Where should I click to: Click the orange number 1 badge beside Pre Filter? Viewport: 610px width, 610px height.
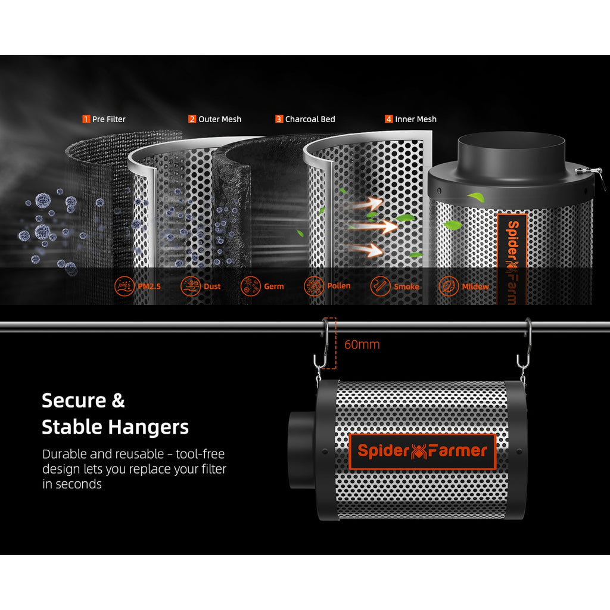point(86,119)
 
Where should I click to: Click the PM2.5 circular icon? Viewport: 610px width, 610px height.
point(124,287)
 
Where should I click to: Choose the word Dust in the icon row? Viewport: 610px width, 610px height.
point(212,287)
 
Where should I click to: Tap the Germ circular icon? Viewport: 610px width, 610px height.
point(250,287)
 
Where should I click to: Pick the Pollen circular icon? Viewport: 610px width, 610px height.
point(313,287)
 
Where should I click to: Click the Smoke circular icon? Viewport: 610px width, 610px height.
point(380,287)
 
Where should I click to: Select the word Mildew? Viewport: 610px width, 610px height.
point(475,287)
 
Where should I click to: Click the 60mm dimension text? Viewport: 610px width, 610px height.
point(362,345)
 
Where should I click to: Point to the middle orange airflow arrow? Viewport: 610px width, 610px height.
point(374,226)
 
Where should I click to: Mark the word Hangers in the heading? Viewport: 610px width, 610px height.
point(148,427)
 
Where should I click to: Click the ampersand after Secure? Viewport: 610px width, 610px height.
point(119,400)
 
